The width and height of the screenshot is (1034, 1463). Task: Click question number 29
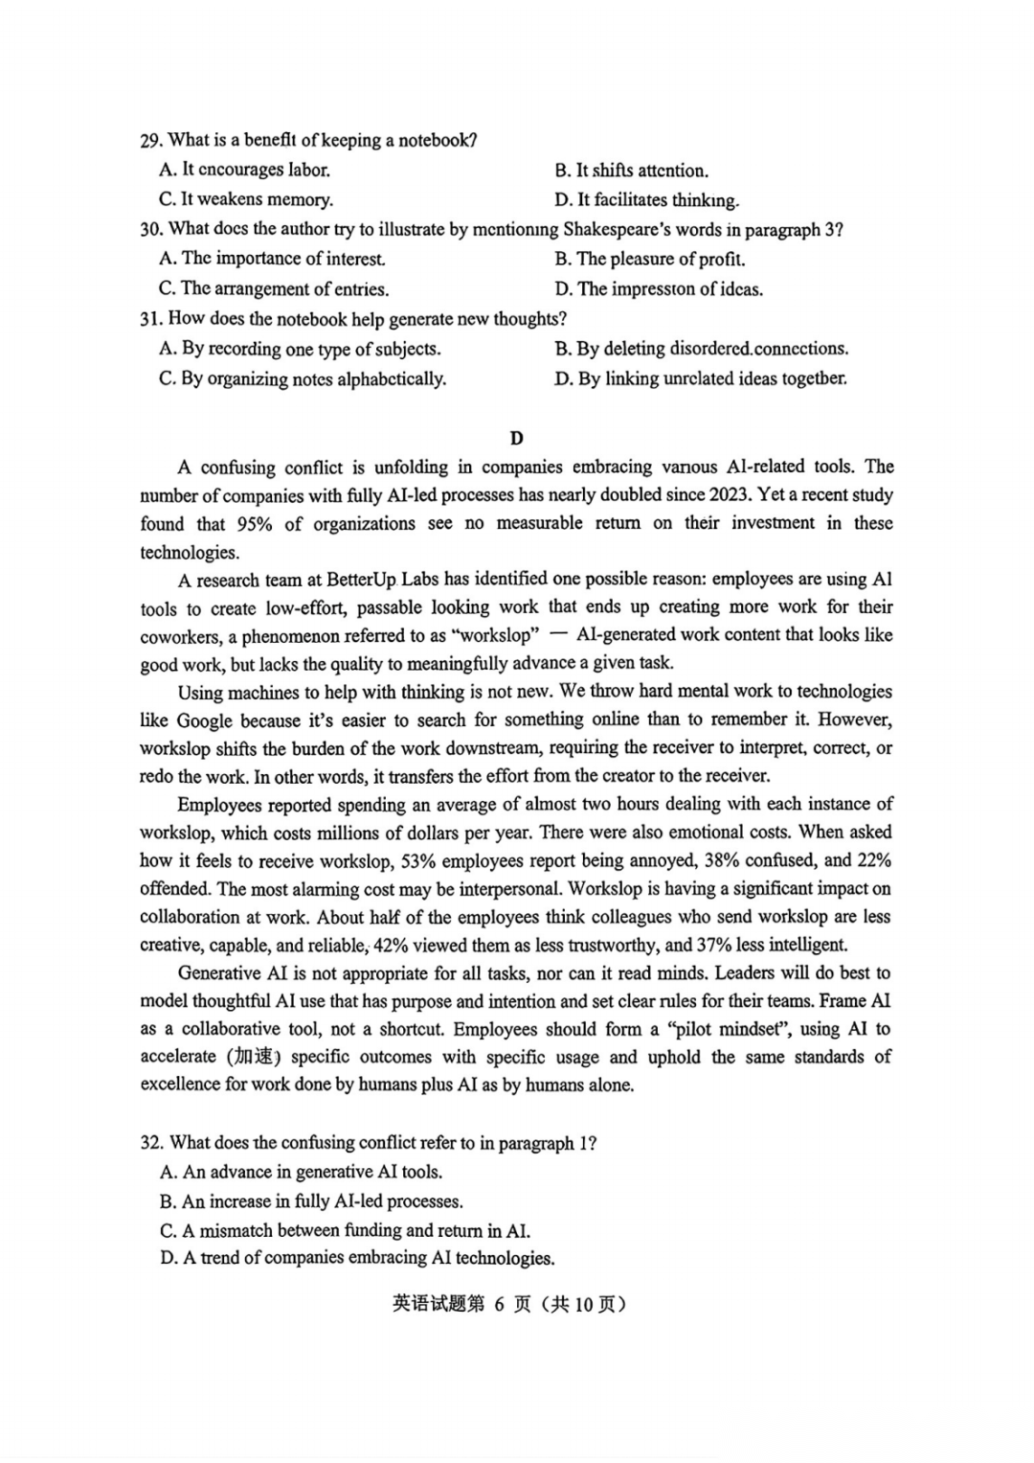151,141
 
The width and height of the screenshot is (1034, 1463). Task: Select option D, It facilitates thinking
647,200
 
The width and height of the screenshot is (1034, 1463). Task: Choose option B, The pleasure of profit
650,260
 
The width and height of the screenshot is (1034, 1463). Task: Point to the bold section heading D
517,439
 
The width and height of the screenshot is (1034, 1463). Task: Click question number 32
152,1143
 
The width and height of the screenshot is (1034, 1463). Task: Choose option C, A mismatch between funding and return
345,1231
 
